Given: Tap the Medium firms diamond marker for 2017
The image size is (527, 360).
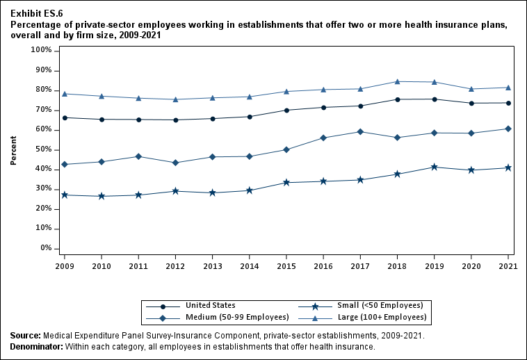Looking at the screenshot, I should tap(360, 131).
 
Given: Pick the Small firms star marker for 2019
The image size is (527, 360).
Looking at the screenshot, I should tap(435, 167).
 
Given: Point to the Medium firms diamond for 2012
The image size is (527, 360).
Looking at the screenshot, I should tap(175, 163).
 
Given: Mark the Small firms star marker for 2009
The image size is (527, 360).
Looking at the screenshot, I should tap(65, 195).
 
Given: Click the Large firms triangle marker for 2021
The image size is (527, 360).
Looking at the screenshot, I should tap(508, 88).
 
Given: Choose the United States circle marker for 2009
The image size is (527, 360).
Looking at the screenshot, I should tap(65, 117).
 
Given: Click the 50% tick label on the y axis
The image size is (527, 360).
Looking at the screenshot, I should tap(42, 149).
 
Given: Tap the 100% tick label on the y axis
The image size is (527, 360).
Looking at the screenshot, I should tap(40, 51).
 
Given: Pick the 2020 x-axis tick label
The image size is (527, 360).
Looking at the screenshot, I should tap(471, 265).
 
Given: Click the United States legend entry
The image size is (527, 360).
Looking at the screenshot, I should tap(210, 305).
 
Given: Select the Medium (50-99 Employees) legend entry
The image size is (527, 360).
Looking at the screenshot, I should tap(236, 317).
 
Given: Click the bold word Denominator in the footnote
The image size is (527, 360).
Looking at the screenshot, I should tap(36, 346).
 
